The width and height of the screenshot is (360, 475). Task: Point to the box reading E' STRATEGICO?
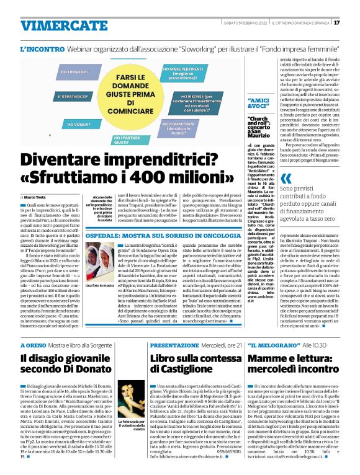(x=56, y=97)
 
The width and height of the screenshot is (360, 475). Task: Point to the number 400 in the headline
(x=146, y=180)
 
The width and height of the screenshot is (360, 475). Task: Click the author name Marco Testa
(x=38, y=197)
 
